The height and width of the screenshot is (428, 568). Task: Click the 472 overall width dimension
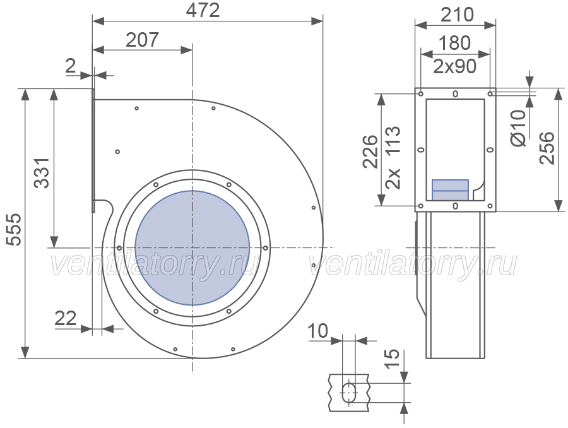[x=203, y=11]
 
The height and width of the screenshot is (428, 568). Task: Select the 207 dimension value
[x=143, y=40]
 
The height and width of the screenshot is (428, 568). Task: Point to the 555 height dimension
[x=15, y=229]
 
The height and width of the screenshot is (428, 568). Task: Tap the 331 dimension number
[x=42, y=172]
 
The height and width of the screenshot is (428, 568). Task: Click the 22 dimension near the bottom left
[x=66, y=318]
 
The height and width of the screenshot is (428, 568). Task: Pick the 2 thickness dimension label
[x=70, y=66]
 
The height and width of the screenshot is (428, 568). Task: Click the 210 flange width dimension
[x=457, y=15]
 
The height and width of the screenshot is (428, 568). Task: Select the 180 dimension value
[x=454, y=43]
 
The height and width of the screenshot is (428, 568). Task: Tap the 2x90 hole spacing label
[x=454, y=66]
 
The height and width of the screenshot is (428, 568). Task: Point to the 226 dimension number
[x=370, y=151]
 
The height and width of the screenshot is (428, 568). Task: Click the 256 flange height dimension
[x=547, y=148]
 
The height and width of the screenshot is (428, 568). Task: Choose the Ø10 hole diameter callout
[x=518, y=128]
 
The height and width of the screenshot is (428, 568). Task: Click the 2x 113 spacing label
[x=393, y=157]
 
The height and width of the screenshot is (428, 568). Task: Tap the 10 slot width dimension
[x=317, y=331]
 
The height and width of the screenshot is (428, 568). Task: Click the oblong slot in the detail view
[x=349, y=392]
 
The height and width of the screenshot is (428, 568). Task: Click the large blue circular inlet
[x=192, y=248]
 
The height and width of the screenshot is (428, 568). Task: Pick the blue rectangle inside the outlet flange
[x=450, y=190]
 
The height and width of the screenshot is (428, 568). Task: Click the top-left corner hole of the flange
[x=420, y=94]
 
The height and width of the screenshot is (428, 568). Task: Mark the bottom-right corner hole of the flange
[x=490, y=206]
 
